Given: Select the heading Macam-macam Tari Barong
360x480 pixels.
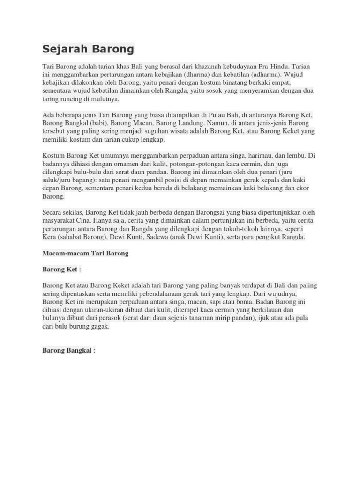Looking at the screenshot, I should [85, 253].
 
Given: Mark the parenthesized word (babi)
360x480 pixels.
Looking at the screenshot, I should [96, 124].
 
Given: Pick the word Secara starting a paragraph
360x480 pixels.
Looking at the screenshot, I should [53, 213].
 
